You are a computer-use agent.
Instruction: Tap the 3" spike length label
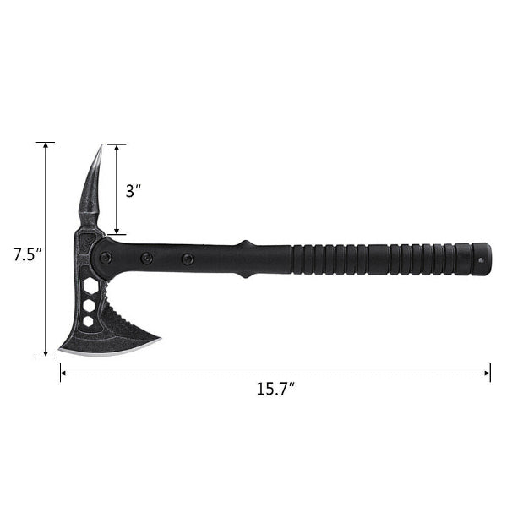133,191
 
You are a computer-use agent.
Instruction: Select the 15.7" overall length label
275,390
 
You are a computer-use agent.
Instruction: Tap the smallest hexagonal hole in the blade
87,321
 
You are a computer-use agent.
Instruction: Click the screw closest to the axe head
106,258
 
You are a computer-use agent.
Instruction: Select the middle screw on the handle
147,258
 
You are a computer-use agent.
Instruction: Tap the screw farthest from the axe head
188,259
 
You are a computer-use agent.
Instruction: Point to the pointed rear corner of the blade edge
158,341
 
